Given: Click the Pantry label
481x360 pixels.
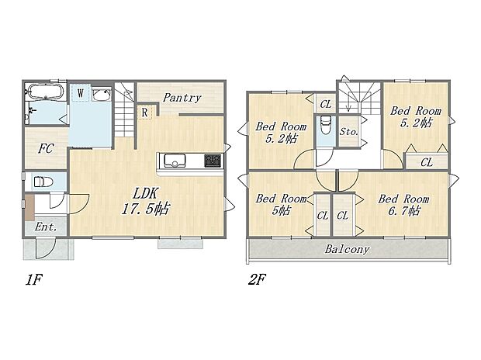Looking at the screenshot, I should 183,98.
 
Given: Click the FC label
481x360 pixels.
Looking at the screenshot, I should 45,147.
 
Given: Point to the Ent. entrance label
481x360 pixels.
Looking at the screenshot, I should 46,227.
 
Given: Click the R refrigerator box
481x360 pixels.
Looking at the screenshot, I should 145,112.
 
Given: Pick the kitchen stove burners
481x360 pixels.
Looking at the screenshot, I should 213,161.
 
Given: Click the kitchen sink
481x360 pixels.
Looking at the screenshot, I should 173,161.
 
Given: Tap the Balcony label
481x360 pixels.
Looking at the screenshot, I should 347,250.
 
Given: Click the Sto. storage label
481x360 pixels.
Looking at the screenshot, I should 349,132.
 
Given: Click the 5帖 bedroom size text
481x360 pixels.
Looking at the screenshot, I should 281,211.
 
